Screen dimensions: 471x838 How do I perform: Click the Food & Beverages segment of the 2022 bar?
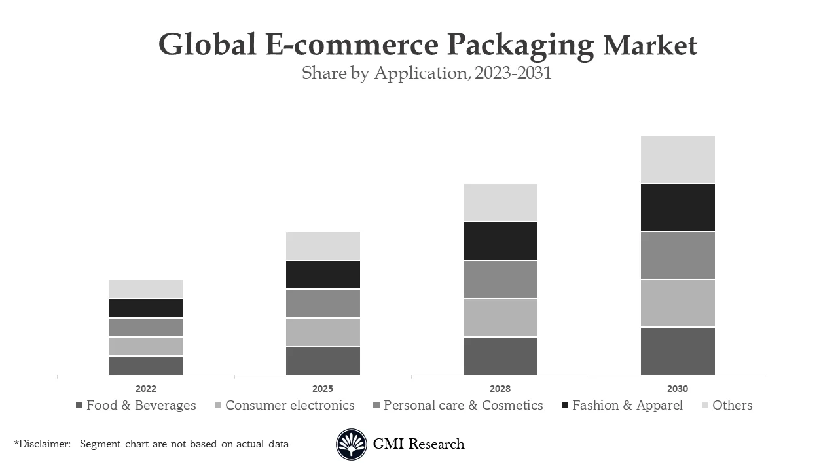(x=145, y=365)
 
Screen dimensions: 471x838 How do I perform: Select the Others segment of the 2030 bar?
(x=678, y=159)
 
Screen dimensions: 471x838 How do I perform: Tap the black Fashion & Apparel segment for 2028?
(x=500, y=241)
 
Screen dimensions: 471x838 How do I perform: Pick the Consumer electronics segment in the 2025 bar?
(x=323, y=332)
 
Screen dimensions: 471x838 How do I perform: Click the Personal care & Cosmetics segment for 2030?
(x=678, y=255)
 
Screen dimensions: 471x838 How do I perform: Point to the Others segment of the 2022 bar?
(x=145, y=288)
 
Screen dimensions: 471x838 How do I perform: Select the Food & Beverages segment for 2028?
(x=500, y=356)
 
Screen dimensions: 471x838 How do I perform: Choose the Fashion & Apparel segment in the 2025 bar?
(x=323, y=275)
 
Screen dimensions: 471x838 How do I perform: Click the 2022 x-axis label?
(x=145, y=389)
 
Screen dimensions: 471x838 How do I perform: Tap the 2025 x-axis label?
(x=323, y=389)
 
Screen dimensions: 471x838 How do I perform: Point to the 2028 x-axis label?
(x=500, y=389)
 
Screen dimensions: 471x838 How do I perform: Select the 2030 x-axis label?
(x=678, y=389)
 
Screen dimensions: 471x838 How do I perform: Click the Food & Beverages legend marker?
(x=79, y=406)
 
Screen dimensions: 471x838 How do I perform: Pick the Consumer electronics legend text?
(x=289, y=405)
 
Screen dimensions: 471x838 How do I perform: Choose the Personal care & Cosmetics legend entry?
(x=463, y=405)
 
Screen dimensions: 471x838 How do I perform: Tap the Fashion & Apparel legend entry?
(x=627, y=405)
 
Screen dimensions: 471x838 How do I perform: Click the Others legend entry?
(x=732, y=405)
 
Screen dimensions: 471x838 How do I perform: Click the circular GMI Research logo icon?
(x=352, y=444)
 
